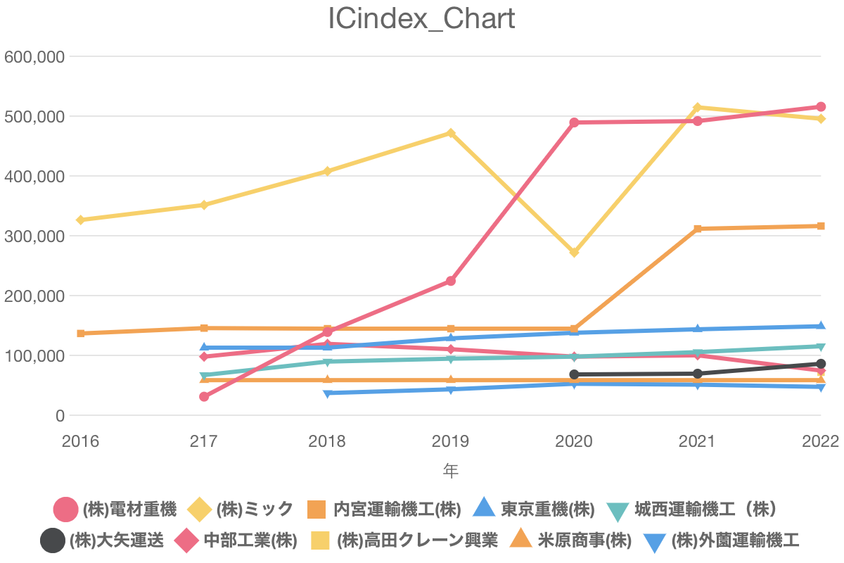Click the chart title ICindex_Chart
pyautogui.click(x=421, y=18)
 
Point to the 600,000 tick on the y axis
pyautogui.click(x=34, y=57)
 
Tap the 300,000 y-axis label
pyautogui.click(x=34, y=236)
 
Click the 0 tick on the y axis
pyautogui.click(x=60, y=416)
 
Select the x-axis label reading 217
pyautogui.click(x=204, y=441)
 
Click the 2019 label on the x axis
pyautogui.click(x=451, y=441)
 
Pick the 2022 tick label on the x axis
pyautogui.click(x=821, y=441)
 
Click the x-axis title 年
pyautogui.click(x=451, y=471)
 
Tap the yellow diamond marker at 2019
pyautogui.click(x=451, y=133)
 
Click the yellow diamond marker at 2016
pyautogui.click(x=81, y=220)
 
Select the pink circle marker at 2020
pyautogui.click(x=574, y=122)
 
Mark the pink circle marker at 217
pyautogui.click(x=204, y=397)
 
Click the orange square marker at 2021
pyautogui.click(x=698, y=229)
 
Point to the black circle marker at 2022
pyautogui.click(x=821, y=364)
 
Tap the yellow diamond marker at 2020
pyautogui.click(x=574, y=252)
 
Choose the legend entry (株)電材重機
pyautogui.click(x=115, y=510)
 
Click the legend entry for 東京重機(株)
pyautogui.click(x=534, y=510)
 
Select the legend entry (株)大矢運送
pyautogui.click(x=102, y=540)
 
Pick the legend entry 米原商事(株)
pyautogui.click(x=570, y=540)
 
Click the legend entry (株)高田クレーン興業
pyautogui.click(x=404, y=540)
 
